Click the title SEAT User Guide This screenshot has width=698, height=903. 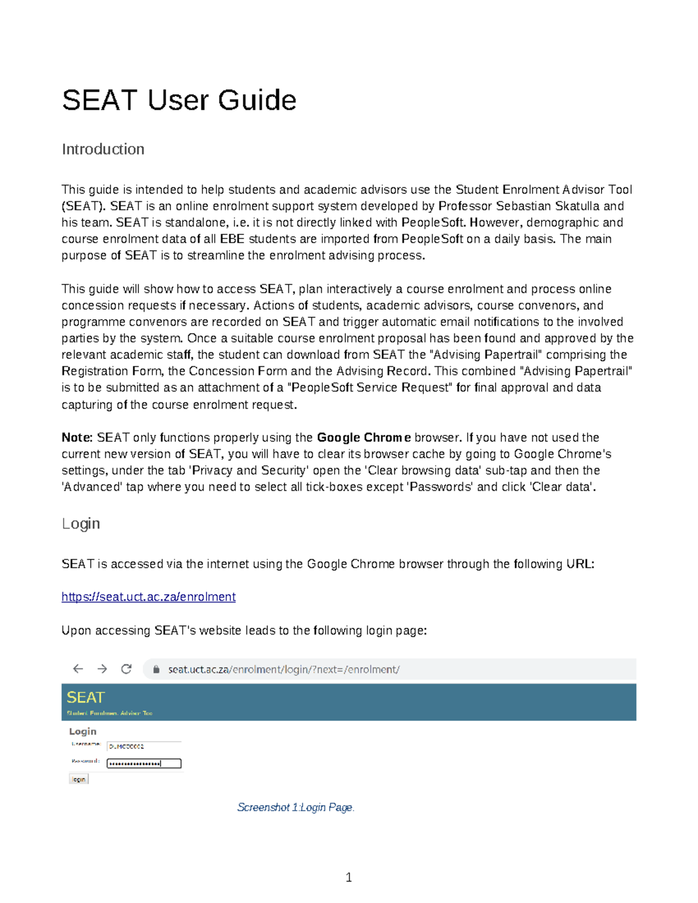(x=179, y=100)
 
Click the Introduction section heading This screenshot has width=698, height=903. (x=103, y=149)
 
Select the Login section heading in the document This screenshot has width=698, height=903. (x=81, y=524)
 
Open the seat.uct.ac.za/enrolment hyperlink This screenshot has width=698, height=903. (x=148, y=597)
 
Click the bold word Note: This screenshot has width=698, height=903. (x=77, y=438)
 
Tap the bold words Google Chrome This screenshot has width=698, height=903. (x=364, y=438)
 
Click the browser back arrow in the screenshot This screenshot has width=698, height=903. (x=78, y=669)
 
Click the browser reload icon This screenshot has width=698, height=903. (x=126, y=669)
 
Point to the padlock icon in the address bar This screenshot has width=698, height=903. (x=156, y=670)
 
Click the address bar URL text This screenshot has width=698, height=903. (x=284, y=670)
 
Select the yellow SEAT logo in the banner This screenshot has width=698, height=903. (x=86, y=698)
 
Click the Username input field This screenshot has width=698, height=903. (x=144, y=746)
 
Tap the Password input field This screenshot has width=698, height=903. (x=144, y=763)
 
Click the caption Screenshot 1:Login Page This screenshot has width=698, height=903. (x=295, y=808)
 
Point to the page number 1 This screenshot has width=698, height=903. (x=348, y=877)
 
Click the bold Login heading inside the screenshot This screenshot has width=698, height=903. (x=83, y=731)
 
